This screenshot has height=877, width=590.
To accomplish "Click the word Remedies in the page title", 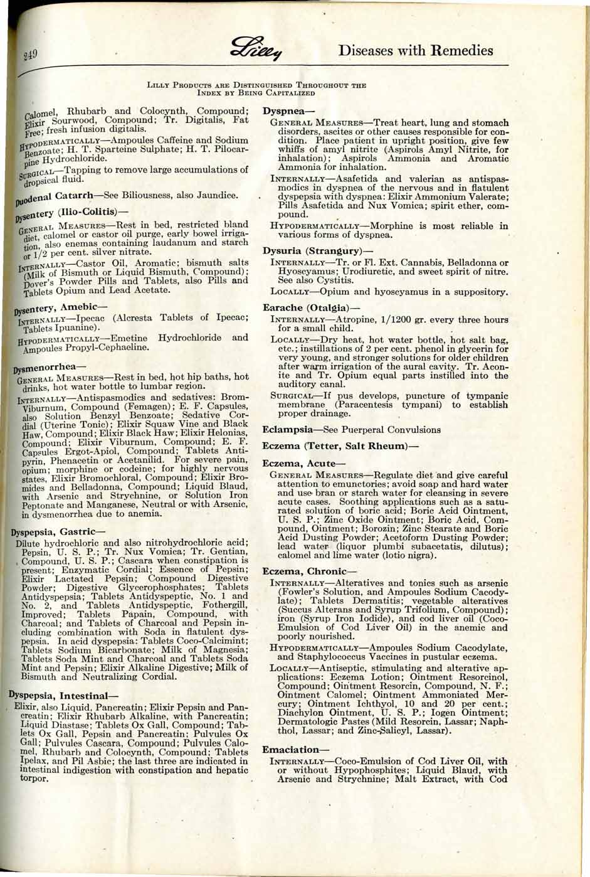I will click(x=455, y=51).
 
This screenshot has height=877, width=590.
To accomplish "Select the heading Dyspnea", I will click(x=284, y=110).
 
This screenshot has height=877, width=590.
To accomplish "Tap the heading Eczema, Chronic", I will click(x=302, y=571).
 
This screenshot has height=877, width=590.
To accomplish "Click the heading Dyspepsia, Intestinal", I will click(x=61, y=695).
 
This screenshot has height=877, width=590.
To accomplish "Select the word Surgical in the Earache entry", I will click(x=293, y=396).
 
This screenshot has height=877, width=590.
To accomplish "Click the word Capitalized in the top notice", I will click(x=290, y=93).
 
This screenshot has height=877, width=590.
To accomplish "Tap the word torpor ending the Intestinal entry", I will click(x=36, y=779).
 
